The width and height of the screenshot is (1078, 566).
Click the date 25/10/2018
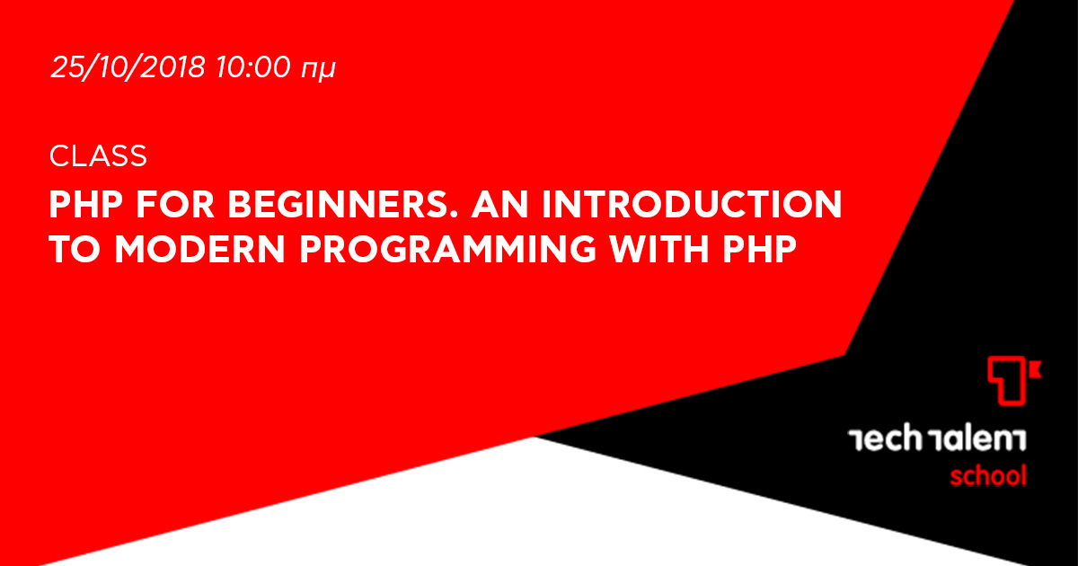128,66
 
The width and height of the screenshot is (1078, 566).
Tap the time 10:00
253,66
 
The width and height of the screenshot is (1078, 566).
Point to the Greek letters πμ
318,70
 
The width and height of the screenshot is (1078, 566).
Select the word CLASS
98,156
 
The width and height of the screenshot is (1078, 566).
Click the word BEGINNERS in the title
340,205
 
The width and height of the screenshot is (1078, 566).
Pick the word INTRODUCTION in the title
692,205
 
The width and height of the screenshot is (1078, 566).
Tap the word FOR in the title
175,205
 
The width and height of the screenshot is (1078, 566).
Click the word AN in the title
499,205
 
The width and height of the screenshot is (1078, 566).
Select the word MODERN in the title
200,249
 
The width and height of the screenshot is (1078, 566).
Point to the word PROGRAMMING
448,249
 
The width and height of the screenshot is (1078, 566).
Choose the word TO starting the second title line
75,249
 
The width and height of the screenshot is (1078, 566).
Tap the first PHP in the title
86,205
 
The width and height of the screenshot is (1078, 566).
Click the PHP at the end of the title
759,249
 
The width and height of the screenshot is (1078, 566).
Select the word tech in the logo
885,438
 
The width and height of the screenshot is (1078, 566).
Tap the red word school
988,475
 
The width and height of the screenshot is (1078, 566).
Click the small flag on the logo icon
1035,369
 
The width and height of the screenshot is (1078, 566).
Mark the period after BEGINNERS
454,215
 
